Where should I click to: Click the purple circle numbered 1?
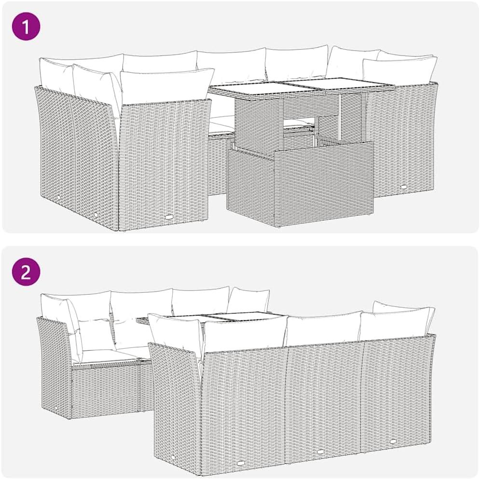[26, 27]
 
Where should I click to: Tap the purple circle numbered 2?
[26, 272]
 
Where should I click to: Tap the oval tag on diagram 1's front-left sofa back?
[169, 217]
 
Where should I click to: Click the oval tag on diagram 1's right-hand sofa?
[404, 187]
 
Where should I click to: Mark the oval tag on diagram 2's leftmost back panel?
[241, 464]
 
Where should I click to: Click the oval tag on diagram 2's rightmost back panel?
[393, 441]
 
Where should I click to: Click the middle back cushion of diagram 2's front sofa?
[324, 328]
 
